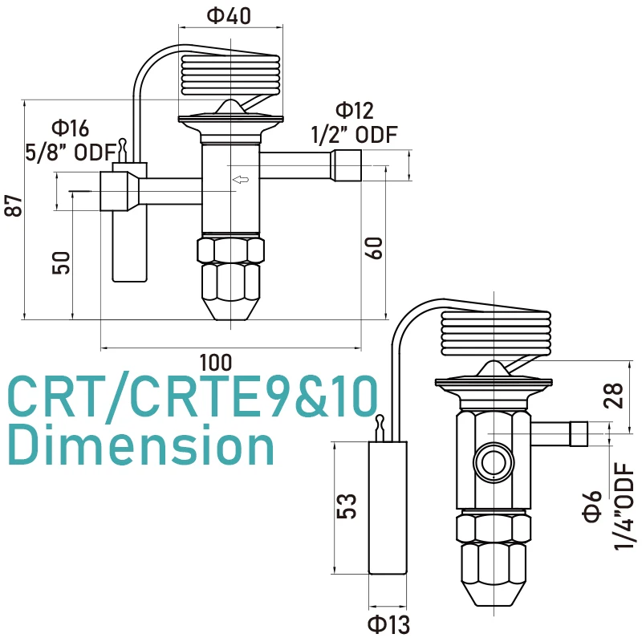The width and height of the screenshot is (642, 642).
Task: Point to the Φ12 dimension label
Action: click(354, 111)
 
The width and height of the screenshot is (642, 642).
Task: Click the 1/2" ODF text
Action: click(354, 135)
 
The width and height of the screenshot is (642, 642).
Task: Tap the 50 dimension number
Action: click(62, 262)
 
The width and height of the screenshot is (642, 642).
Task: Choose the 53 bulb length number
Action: click(346, 506)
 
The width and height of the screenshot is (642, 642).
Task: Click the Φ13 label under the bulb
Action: click(388, 624)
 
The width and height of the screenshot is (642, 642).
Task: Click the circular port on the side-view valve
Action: click(490, 462)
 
